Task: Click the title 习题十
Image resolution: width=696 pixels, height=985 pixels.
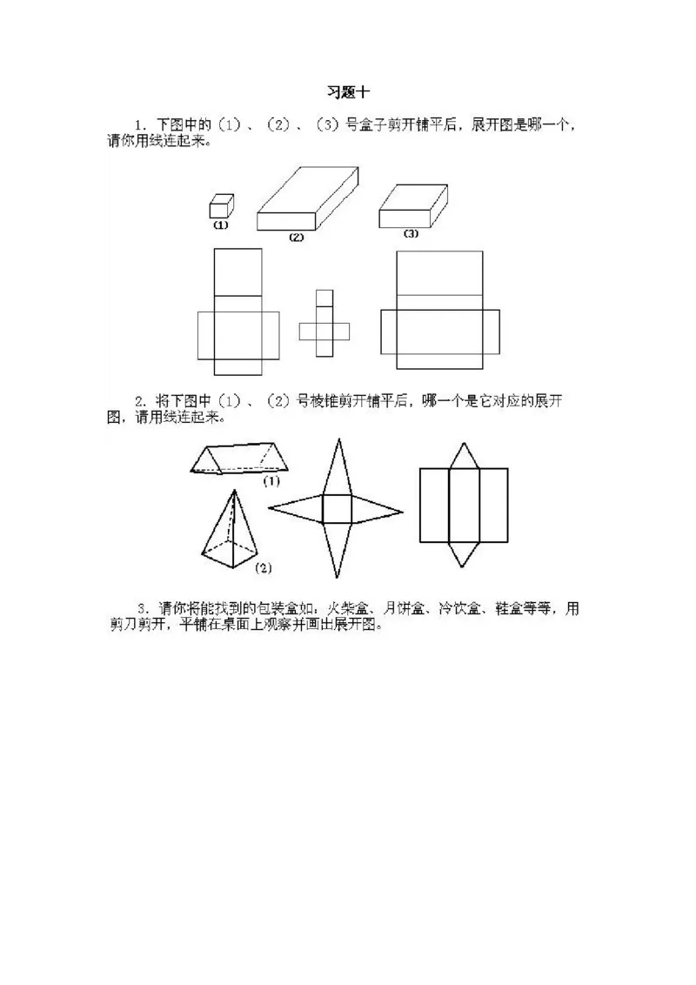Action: (x=348, y=92)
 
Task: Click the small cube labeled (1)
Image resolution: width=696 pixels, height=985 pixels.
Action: (x=221, y=206)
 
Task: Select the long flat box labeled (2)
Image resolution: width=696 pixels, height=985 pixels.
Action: (x=308, y=198)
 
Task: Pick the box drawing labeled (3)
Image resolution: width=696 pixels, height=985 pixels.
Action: (x=413, y=206)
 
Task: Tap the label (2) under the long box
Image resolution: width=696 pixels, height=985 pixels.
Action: (x=296, y=238)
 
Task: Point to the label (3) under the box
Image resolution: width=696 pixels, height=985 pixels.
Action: (x=410, y=234)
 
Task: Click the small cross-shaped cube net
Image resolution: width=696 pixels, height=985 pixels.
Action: (x=325, y=323)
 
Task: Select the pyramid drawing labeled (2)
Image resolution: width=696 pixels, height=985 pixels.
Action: (x=230, y=529)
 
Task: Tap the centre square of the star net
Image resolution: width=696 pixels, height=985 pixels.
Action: (x=337, y=509)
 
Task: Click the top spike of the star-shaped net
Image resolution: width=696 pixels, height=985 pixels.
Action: (x=338, y=466)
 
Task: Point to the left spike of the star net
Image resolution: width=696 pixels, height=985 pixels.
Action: (x=296, y=509)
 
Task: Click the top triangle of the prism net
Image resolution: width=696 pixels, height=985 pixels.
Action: (x=464, y=455)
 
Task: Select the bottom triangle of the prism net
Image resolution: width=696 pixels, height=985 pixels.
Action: (x=464, y=554)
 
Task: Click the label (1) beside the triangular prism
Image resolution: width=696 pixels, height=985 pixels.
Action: (x=271, y=482)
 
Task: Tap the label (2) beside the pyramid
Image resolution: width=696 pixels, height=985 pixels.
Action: (x=264, y=568)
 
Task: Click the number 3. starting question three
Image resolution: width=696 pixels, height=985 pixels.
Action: (x=144, y=609)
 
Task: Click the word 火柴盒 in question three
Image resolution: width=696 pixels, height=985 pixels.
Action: (x=347, y=609)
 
